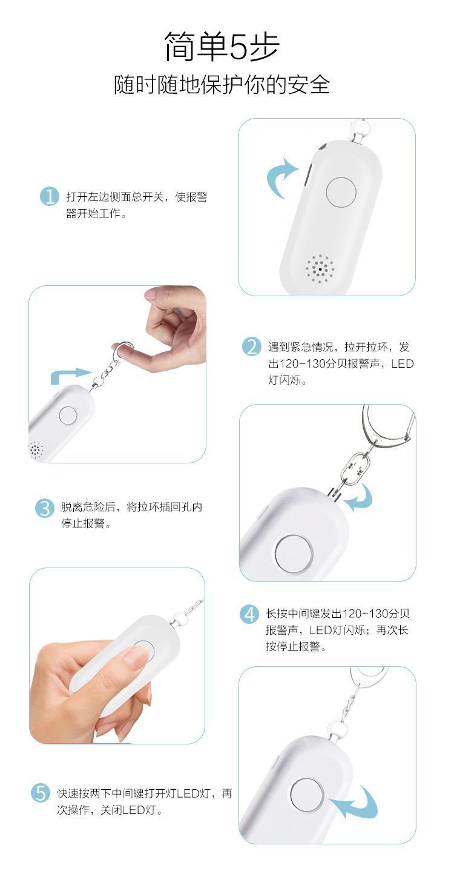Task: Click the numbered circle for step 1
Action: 50,196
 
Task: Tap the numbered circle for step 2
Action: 251,346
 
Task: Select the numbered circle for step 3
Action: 45,508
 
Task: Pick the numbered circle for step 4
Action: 249,614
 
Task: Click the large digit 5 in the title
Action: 237,47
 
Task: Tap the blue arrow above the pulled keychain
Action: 70,374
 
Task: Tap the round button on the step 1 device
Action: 341,191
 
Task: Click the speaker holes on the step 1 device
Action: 320,269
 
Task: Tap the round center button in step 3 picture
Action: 294,555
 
